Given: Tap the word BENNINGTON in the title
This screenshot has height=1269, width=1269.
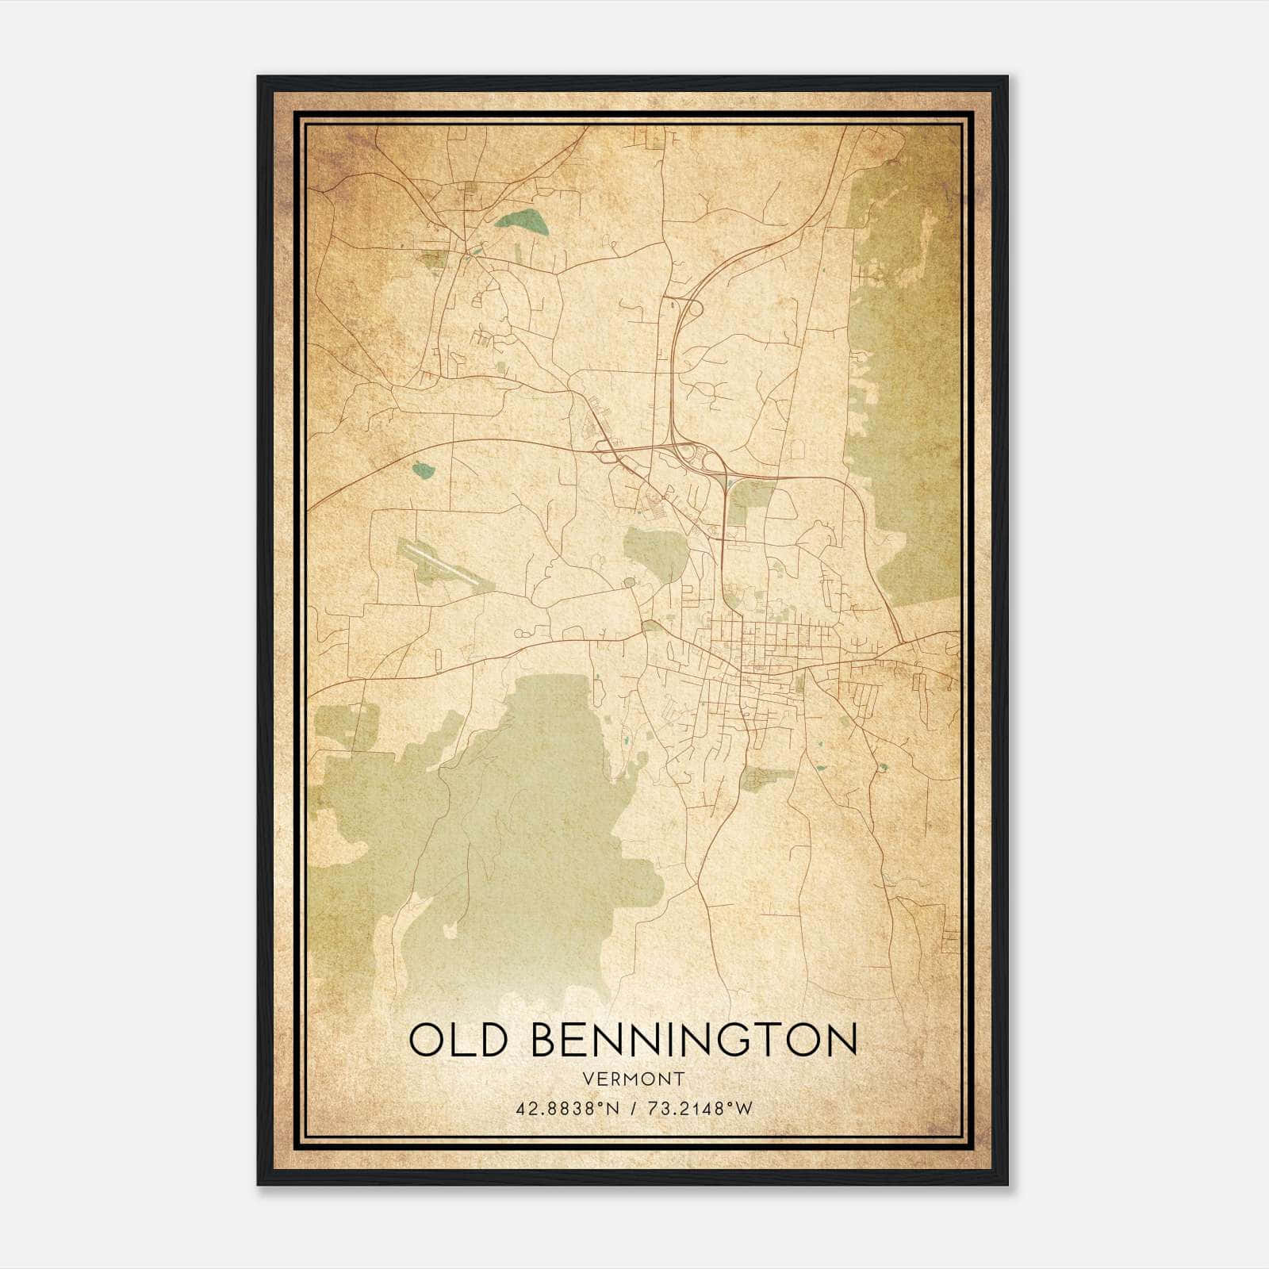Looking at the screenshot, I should (694, 1040).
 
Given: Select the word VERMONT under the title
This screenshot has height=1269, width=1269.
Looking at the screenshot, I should (632, 1079).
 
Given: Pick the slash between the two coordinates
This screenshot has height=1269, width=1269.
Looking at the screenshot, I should (631, 1108).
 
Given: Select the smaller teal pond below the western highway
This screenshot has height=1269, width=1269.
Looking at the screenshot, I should (424, 470).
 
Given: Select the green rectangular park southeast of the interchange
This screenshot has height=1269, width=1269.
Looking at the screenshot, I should (750, 499).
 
